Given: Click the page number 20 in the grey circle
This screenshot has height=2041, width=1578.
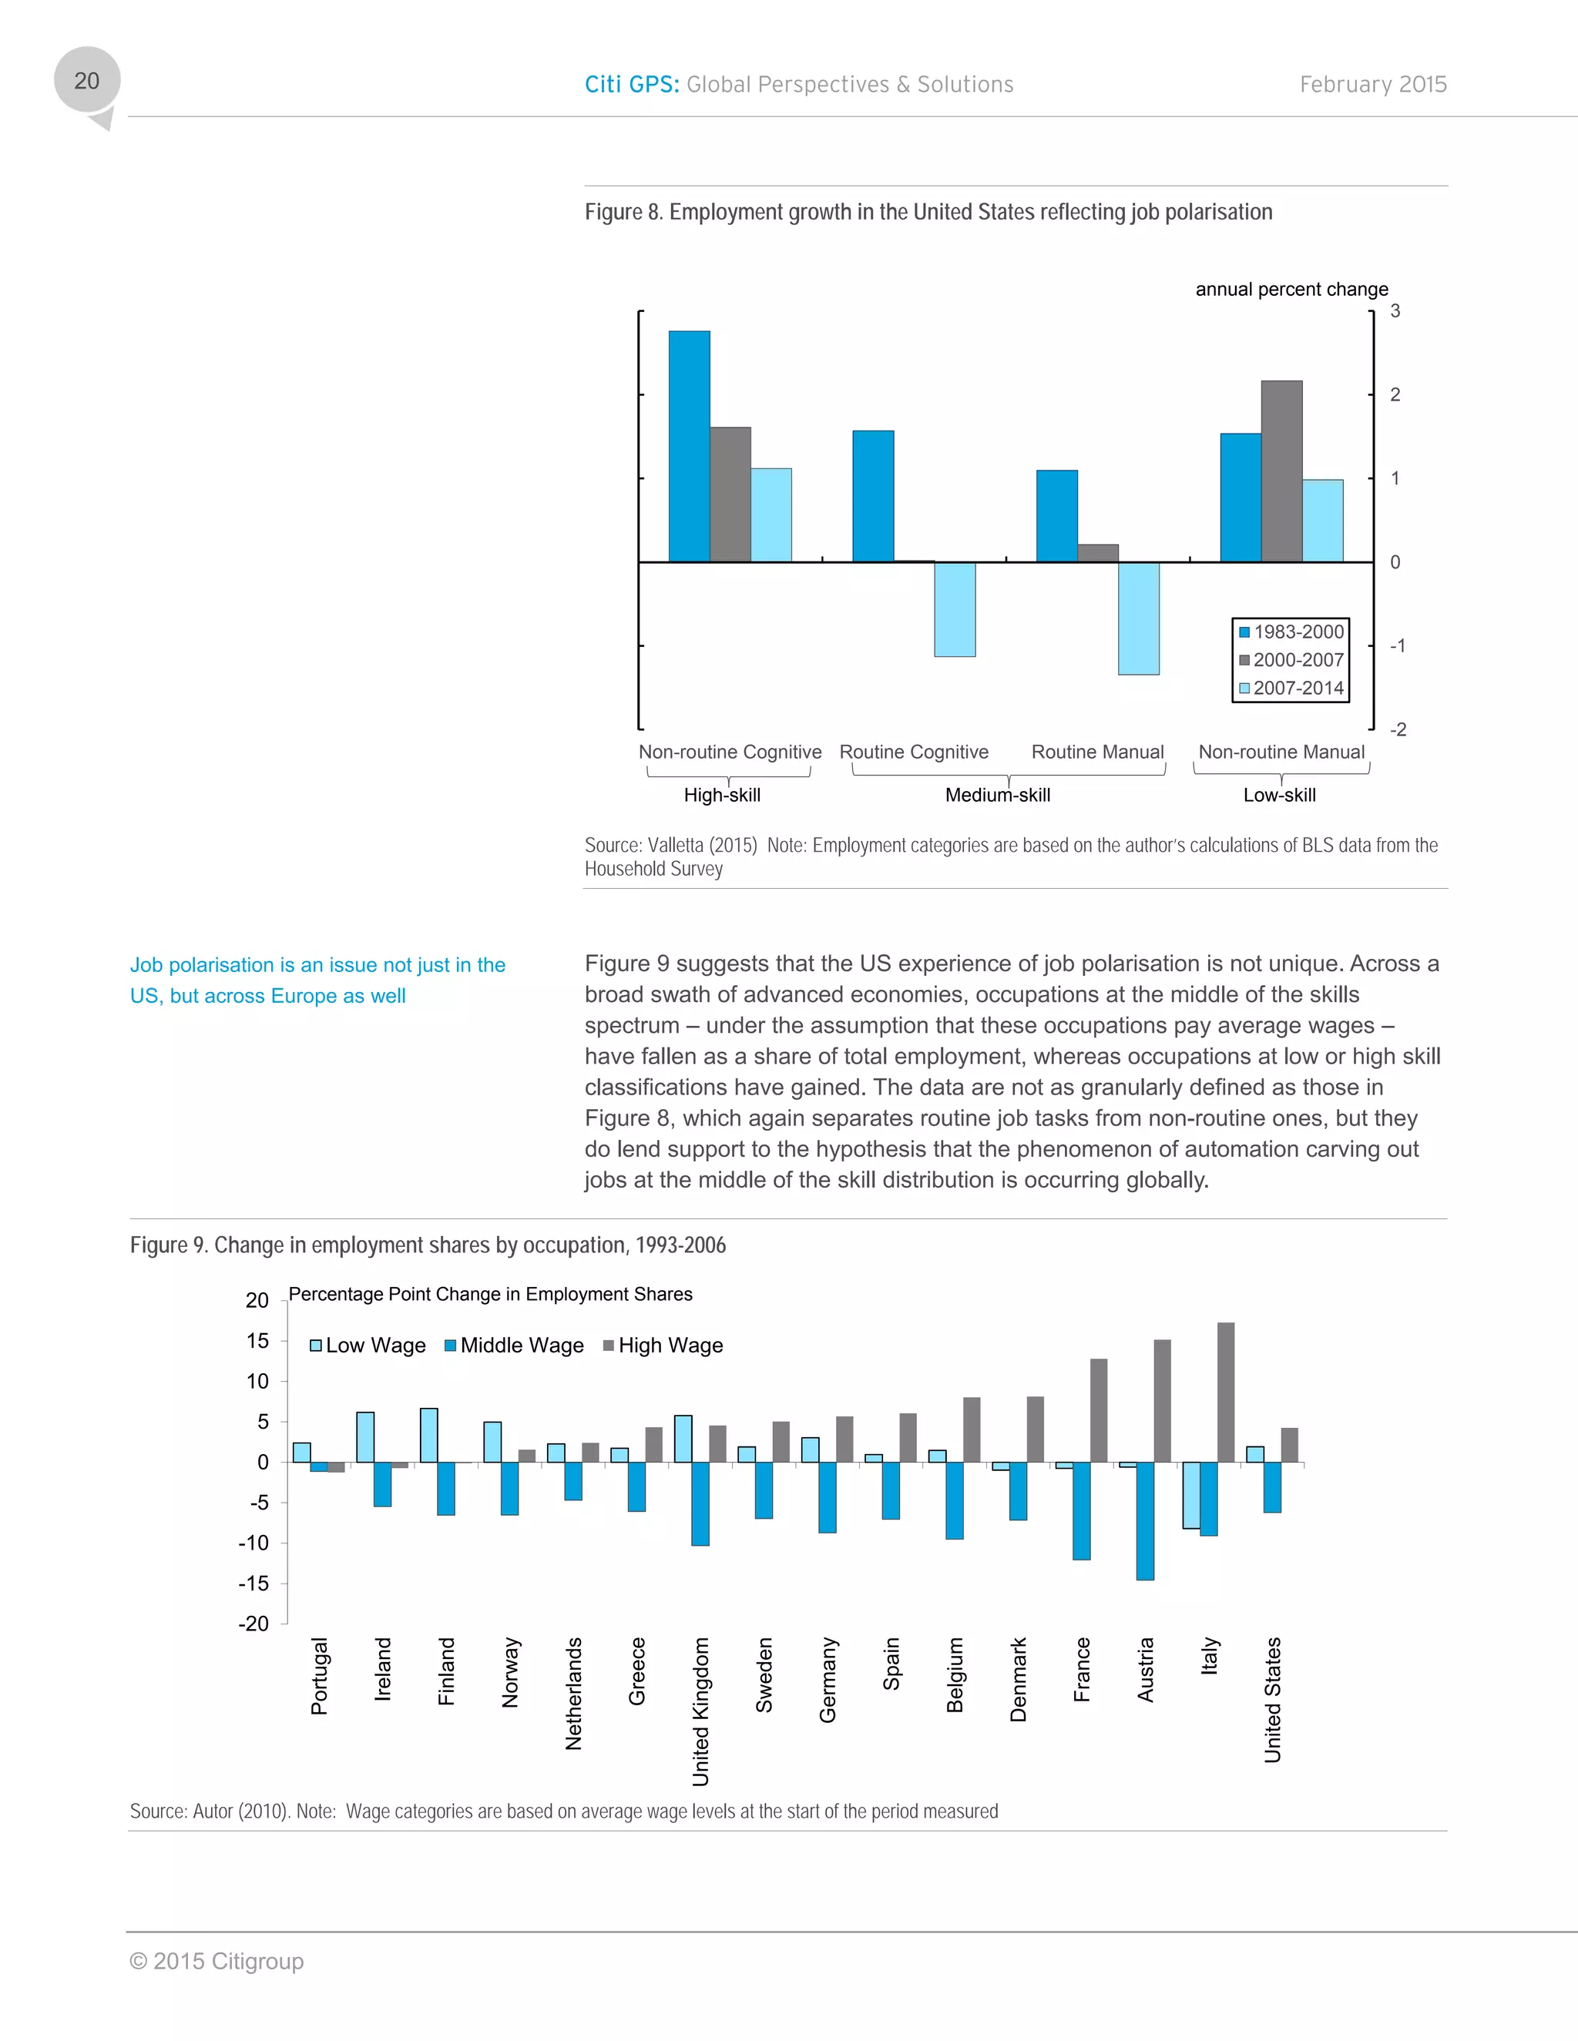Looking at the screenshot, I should coord(87,82).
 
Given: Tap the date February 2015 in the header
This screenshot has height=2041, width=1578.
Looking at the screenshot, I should coord(1372,85).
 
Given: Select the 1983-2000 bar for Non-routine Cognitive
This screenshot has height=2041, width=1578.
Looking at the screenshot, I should coord(689,446).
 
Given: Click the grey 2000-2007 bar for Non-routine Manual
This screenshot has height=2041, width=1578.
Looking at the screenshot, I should coord(1281,471).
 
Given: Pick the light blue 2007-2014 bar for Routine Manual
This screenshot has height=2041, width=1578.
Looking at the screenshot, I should coord(1138,618).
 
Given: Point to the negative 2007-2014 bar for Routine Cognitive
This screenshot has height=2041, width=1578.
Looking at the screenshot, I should coord(955,609).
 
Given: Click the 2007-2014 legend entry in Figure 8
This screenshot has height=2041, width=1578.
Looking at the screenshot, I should coord(1291,688).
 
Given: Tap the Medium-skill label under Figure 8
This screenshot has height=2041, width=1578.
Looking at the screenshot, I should coord(998,796).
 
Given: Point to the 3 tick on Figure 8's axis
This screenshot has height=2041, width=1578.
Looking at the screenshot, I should coord(1395,311).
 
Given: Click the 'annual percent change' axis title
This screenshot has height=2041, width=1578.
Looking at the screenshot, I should coord(1291,290).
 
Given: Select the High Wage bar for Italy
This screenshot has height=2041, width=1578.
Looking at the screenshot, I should coord(1226,1393).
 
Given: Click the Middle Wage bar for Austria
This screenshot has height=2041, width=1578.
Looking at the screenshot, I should coord(1144,1520).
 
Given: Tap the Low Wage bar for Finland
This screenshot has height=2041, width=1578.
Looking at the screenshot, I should coord(429,1436).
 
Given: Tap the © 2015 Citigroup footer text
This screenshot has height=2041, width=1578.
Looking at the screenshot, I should coord(217,1962).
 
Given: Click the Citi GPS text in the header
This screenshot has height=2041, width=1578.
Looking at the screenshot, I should coord(631,85).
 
